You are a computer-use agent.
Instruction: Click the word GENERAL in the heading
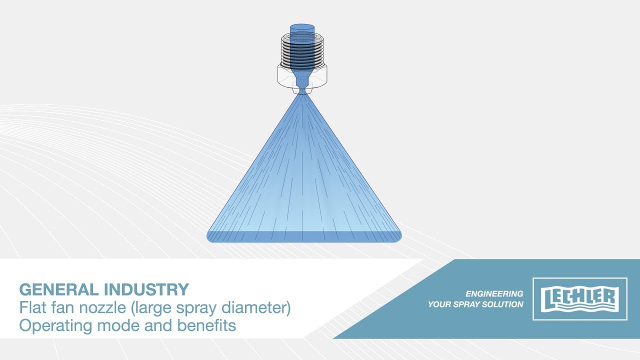(59, 289)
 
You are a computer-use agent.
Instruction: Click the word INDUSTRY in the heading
(146, 289)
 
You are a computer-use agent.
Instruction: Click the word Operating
(56, 325)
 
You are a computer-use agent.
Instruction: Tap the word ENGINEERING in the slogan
(494, 293)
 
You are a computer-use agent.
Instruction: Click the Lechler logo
(579, 298)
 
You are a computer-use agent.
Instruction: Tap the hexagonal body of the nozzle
(302, 75)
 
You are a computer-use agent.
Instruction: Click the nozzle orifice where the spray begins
(302, 92)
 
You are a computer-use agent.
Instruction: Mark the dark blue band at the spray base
(304, 237)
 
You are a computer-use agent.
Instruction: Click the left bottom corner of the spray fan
(207, 240)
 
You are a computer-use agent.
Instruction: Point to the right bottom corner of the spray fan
(400, 240)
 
